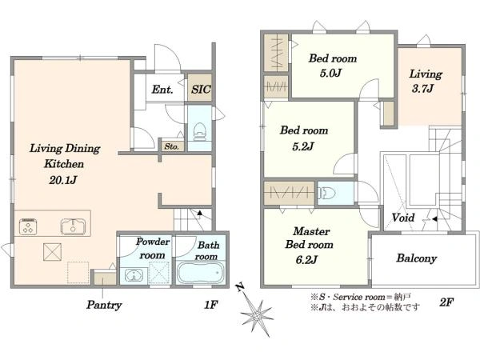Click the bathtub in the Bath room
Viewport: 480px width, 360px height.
[x=201, y=272]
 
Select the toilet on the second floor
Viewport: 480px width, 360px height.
[x=326, y=193]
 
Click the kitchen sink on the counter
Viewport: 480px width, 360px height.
[x=73, y=226]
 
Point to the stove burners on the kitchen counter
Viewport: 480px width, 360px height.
[x=28, y=226]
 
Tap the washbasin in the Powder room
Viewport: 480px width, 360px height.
[x=134, y=275]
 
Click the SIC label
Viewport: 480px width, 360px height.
[x=201, y=89]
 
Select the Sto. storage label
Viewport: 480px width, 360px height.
[x=171, y=146]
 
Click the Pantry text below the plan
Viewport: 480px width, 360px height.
[x=104, y=305]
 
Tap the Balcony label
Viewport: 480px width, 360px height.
[x=416, y=258]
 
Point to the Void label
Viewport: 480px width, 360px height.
[x=403, y=218]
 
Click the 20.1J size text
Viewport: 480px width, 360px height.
[x=62, y=180]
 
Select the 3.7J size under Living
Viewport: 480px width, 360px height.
[x=422, y=89]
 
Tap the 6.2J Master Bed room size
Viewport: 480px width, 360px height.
[x=306, y=260]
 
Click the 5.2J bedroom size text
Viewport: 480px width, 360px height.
[x=303, y=146]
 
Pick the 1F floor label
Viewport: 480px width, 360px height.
[x=211, y=305]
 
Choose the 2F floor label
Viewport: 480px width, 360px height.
[x=446, y=302]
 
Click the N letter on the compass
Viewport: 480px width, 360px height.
[x=240, y=287]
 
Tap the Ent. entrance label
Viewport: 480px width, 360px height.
[x=162, y=90]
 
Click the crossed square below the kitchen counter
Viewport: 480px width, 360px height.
[x=52, y=252]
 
